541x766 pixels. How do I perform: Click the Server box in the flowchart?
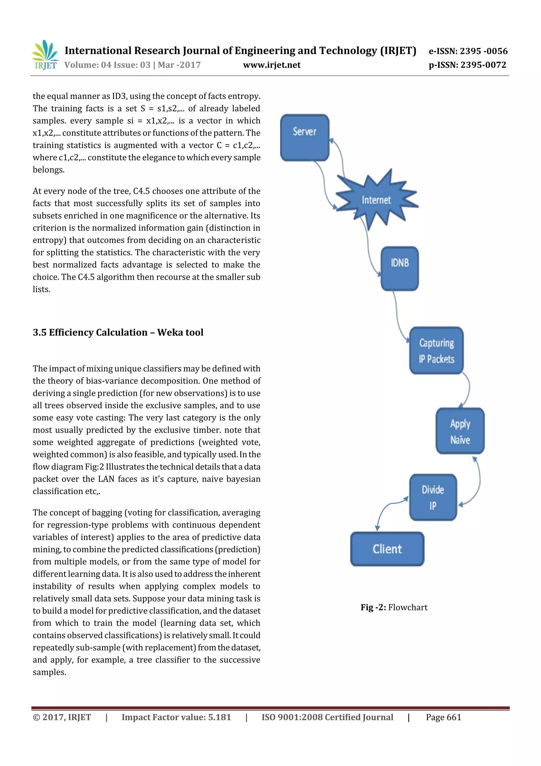pyautogui.click(x=304, y=138)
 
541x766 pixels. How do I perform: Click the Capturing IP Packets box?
pyautogui.click(x=436, y=351)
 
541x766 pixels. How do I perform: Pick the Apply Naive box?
pyautogui.click(x=460, y=431)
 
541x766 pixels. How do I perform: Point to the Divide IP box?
pyautogui.click(x=433, y=497)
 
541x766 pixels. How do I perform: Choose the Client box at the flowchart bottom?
pyautogui.click(x=387, y=549)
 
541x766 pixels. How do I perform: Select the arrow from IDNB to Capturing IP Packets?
pyautogui.click(x=398, y=317)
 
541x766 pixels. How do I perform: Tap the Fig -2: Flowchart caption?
pyautogui.click(x=394, y=607)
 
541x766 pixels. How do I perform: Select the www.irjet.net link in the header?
pyautogui.click(x=272, y=65)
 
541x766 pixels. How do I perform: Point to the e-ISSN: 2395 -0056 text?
pyautogui.click(x=468, y=51)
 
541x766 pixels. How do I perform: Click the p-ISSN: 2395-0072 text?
pyautogui.click(x=467, y=65)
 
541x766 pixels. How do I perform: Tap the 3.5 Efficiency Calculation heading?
pyautogui.click(x=118, y=332)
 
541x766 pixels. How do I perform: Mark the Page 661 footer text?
pyautogui.click(x=443, y=717)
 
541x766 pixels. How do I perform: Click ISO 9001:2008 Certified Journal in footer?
pyautogui.click(x=327, y=717)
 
